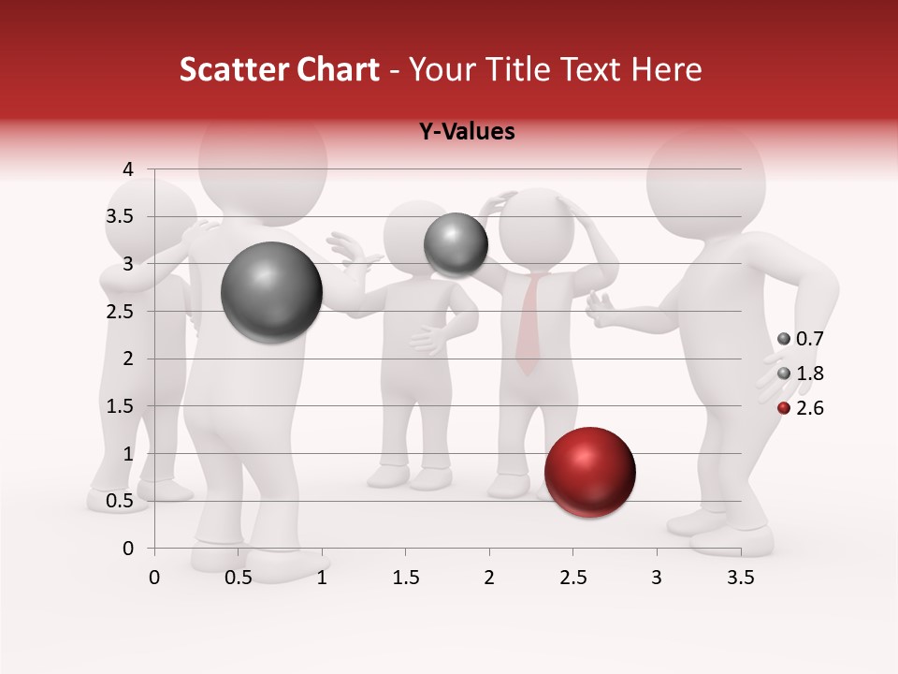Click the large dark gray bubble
pos(271,292)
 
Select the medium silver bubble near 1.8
pos(456,244)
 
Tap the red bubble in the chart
pos(589,472)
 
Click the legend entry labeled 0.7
pos(801,339)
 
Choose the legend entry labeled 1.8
pos(801,374)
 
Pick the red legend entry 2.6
pos(801,408)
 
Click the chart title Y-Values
pos(466,132)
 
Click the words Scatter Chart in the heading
pos(279,69)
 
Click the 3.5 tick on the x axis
pos(740,578)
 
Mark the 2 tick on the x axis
pos(489,578)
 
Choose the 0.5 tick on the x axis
pos(239,578)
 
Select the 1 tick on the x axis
pos(322,578)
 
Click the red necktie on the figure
pos(529,324)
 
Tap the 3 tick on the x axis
pos(657,578)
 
